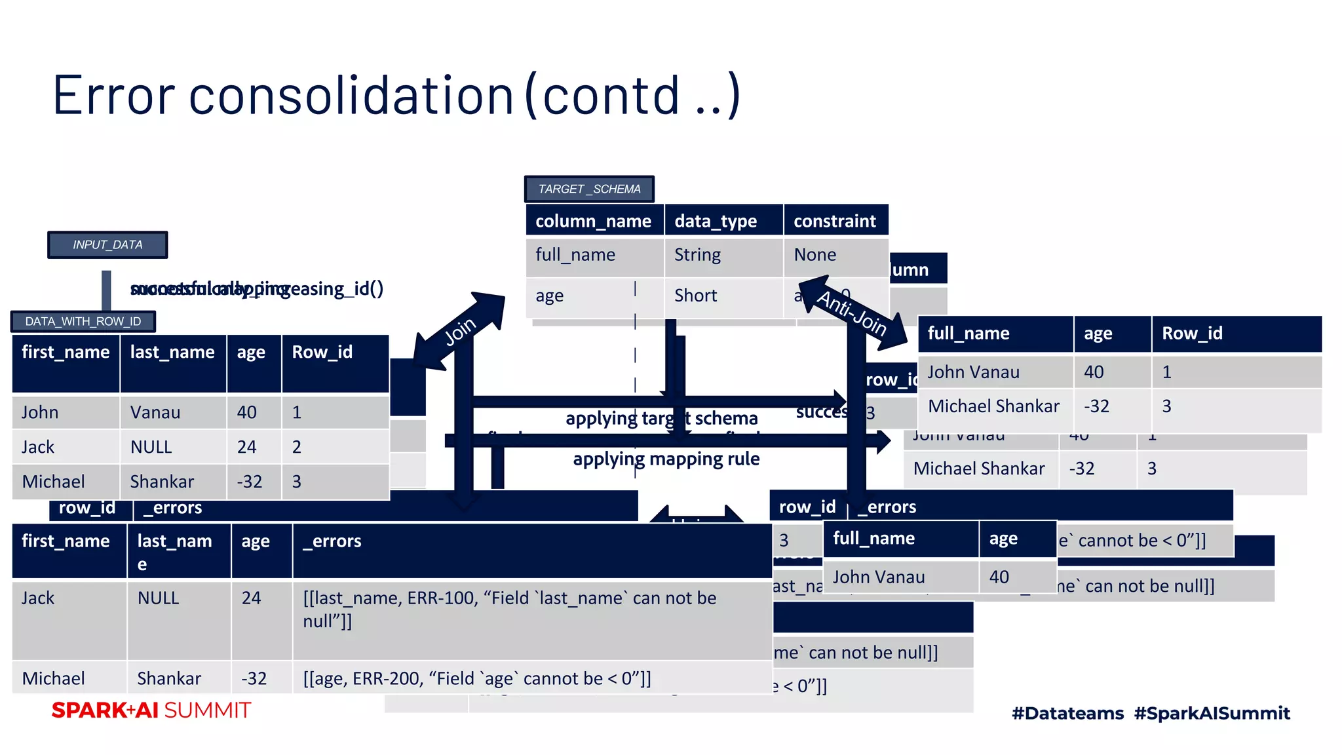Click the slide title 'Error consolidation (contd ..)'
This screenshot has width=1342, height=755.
click(396, 96)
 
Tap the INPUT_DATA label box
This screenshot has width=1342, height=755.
click(107, 244)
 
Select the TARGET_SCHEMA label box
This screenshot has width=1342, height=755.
click(589, 189)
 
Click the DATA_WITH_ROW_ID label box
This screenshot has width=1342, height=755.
click(83, 321)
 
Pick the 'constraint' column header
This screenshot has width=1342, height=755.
click(835, 221)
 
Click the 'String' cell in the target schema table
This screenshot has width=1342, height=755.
click(697, 255)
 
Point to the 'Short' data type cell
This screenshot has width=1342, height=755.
click(696, 296)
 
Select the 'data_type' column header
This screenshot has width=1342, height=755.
click(716, 221)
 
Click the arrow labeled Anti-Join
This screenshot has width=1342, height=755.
click(852, 311)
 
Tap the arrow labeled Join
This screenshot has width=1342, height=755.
click(460, 331)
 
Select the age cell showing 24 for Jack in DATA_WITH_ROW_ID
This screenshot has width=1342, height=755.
click(246, 447)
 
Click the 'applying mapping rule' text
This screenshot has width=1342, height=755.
click(666, 459)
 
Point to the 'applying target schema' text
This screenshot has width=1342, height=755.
click(661, 418)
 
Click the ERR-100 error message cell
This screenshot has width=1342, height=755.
click(510, 610)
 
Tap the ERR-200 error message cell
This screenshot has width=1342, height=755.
click(477, 678)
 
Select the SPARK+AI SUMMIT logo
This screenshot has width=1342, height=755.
click(151, 710)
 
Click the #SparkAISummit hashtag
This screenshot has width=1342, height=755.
click(1212, 713)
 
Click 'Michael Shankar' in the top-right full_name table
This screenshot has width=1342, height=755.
click(993, 406)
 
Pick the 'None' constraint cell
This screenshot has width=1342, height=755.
click(815, 255)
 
